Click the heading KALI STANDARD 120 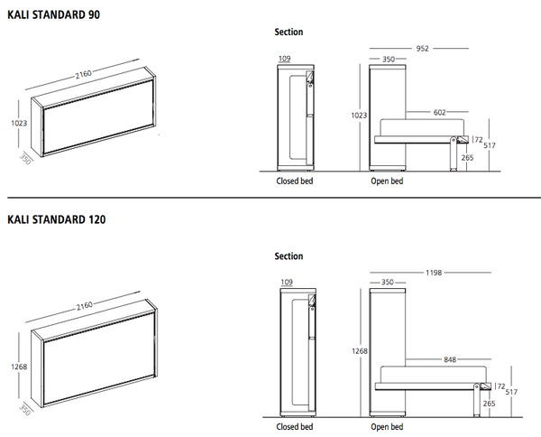[x=56, y=219]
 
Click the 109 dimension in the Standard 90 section [x=286, y=60]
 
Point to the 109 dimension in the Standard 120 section [x=286, y=283]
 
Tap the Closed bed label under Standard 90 [x=294, y=181]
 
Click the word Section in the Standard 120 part [x=289, y=256]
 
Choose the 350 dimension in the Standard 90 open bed [x=389, y=60]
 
